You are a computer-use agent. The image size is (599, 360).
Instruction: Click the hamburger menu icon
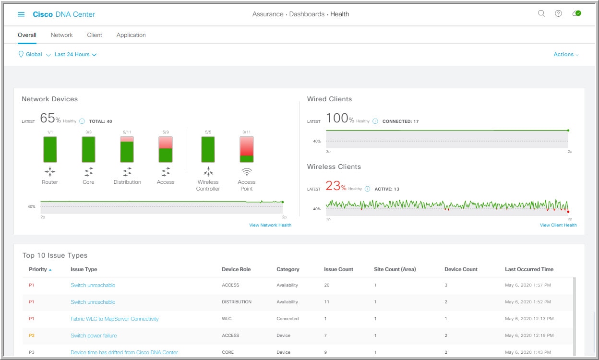tap(21, 14)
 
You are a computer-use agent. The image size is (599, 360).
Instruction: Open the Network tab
tap(61, 35)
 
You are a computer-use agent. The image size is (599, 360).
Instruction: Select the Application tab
tap(131, 35)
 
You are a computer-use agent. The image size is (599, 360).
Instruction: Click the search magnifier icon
tap(541, 14)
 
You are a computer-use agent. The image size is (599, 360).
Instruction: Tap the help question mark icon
tap(558, 14)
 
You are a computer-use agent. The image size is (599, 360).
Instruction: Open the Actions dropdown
tap(566, 55)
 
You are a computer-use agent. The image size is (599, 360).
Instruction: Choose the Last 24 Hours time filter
tap(75, 55)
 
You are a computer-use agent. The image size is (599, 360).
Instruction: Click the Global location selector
tap(34, 55)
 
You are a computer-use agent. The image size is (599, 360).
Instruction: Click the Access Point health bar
tap(246, 149)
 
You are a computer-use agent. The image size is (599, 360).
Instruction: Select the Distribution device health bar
tap(127, 149)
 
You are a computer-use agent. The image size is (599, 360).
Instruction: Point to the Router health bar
tap(50, 149)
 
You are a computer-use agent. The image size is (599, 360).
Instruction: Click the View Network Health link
tap(270, 225)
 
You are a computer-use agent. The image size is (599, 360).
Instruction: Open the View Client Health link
tap(558, 225)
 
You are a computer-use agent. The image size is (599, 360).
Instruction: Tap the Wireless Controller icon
tap(208, 171)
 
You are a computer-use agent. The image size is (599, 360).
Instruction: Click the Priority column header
tap(38, 269)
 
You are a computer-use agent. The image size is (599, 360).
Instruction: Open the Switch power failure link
tap(94, 336)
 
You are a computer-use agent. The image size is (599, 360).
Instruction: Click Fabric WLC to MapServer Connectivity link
tap(114, 319)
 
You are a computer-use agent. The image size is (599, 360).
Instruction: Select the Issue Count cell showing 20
tap(327, 285)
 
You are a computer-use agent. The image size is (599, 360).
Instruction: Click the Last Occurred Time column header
tap(529, 269)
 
